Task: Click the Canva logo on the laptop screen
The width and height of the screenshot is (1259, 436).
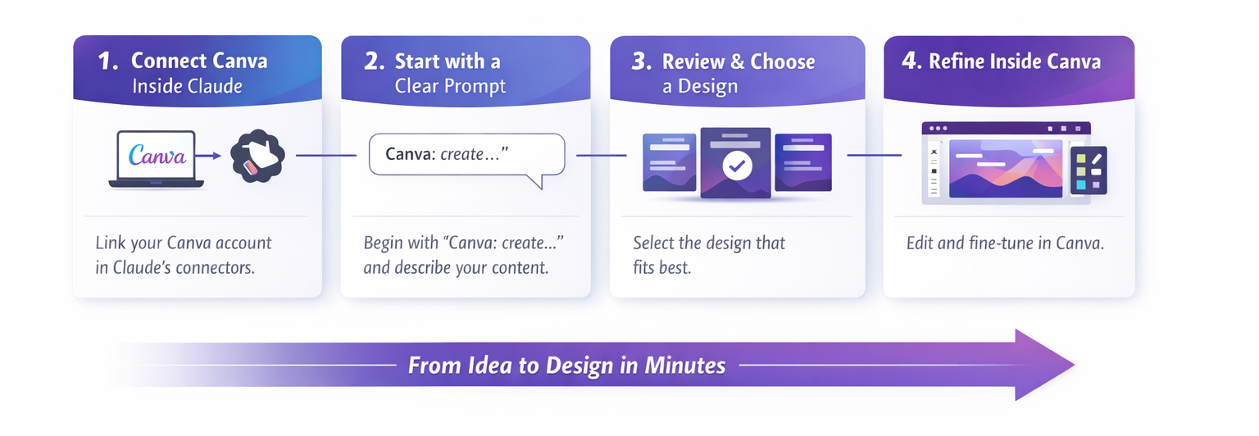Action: click(x=157, y=155)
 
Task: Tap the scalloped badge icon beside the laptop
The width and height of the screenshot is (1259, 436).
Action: click(x=257, y=156)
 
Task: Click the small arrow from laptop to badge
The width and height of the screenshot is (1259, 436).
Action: click(x=208, y=156)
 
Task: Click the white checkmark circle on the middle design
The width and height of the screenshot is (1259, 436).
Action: click(x=737, y=166)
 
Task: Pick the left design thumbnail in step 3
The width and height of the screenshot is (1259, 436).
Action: click(x=670, y=162)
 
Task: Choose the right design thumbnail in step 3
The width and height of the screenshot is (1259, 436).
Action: click(x=803, y=162)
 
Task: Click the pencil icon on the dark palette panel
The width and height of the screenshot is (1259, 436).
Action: click(x=1095, y=158)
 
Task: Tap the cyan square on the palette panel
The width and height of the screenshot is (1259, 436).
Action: click(x=1080, y=185)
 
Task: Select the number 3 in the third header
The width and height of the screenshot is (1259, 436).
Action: click(x=641, y=61)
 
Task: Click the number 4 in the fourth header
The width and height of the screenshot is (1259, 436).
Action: click(x=911, y=61)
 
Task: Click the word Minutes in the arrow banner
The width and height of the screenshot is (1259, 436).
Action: click(x=685, y=366)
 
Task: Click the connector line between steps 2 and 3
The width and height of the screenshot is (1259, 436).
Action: click(x=602, y=155)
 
